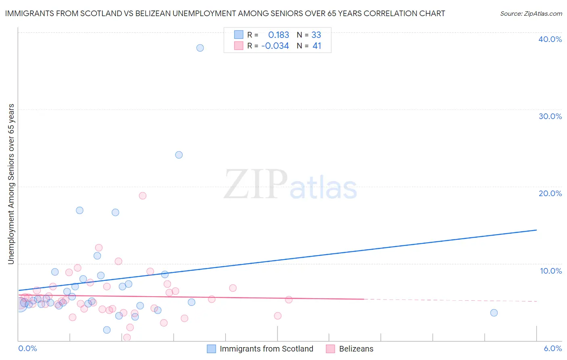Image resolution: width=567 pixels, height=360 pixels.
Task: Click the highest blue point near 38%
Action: point(200,48)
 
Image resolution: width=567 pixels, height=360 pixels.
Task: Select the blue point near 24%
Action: point(179,155)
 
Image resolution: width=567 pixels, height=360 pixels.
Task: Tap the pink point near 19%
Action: point(142,196)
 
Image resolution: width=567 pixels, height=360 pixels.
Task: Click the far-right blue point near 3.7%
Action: point(494,313)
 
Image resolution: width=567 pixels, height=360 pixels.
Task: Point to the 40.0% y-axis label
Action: point(550,40)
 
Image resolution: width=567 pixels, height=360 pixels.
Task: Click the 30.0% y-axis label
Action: point(550,117)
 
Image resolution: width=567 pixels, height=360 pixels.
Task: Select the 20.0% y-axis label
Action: point(550,194)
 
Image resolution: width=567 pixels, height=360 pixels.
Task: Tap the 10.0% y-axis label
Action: point(551,271)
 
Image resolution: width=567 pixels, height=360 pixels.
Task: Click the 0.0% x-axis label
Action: point(27,349)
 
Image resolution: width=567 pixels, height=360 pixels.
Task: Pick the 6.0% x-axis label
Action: point(553,349)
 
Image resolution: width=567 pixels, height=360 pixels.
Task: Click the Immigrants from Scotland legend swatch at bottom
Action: point(212,349)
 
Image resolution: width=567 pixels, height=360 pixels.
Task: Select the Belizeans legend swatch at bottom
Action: point(331,349)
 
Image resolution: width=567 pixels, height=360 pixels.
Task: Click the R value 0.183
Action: point(279,35)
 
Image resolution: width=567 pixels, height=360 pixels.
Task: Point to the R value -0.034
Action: point(275,46)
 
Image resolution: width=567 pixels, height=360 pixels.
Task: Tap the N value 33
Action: point(316,35)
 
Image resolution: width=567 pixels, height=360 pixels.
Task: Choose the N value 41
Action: point(317,46)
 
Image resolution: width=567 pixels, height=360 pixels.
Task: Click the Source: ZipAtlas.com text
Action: point(531,14)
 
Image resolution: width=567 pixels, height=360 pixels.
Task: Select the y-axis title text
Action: point(11,184)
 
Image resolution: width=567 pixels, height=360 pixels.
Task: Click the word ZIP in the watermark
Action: point(256,185)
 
